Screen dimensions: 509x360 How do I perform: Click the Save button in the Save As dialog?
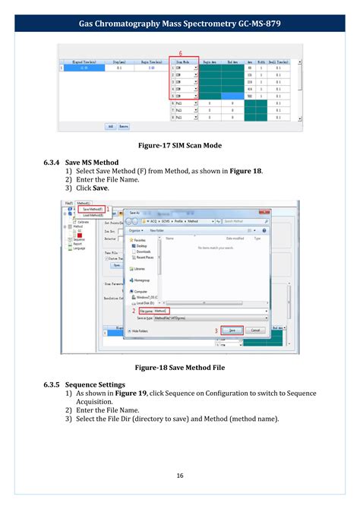coord(232,330)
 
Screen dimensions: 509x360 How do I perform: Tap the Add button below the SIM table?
coord(111,126)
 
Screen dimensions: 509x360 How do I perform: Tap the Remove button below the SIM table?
coord(125,126)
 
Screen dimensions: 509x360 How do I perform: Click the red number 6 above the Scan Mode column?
coord(180,52)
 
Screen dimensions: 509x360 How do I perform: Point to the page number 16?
coord(180,476)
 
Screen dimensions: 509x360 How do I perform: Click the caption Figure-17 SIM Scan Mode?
coord(180,144)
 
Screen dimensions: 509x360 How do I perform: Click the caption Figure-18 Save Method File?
coord(180,367)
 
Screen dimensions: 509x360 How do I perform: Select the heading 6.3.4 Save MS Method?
coord(81,163)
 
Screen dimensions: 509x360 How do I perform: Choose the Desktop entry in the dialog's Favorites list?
coord(141,245)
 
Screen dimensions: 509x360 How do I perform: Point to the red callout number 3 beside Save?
coord(215,331)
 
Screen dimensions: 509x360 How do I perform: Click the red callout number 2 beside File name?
coord(134,311)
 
